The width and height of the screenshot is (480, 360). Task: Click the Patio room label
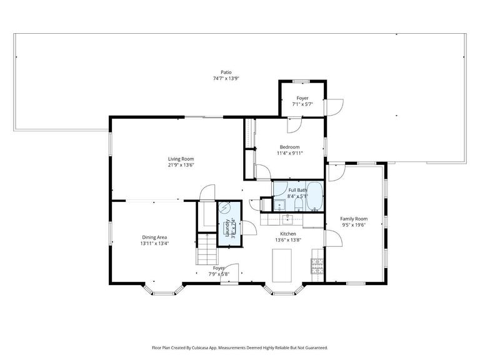click(x=217, y=71)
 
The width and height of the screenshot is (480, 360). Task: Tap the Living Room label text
click(x=180, y=159)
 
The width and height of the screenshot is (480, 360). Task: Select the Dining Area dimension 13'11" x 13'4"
click(x=155, y=244)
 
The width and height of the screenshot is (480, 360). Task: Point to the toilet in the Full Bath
click(x=298, y=203)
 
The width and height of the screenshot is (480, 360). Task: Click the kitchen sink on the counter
click(x=287, y=219)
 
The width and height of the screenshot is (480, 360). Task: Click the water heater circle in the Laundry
click(x=225, y=209)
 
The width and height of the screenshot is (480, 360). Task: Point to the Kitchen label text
click(x=287, y=234)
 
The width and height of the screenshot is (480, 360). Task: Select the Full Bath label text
click(x=297, y=189)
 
